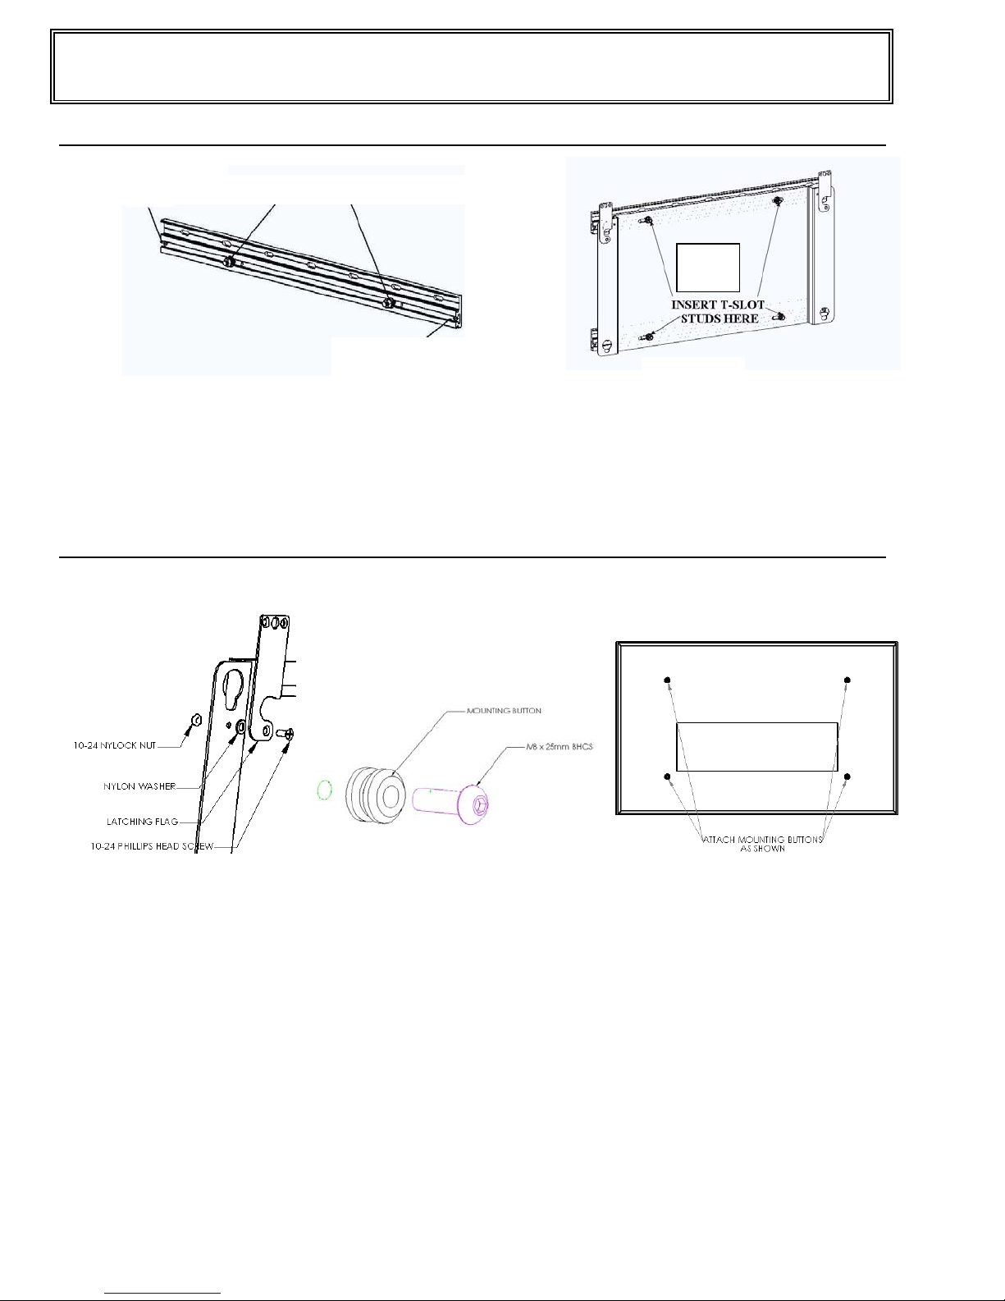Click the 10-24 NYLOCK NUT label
(x=114, y=745)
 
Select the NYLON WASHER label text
(x=139, y=786)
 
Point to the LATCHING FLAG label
(x=143, y=822)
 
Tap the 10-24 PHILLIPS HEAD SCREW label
(x=152, y=846)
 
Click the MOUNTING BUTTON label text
(x=504, y=711)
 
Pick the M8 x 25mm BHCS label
(x=560, y=747)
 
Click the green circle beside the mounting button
(x=324, y=790)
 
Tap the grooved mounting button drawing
(x=375, y=795)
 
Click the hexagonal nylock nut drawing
(x=195, y=720)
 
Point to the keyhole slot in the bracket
(x=231, y=690)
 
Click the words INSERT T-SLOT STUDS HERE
(x=719, y=311)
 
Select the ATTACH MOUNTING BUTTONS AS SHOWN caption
(x=762, y=844)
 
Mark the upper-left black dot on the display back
(x=668, y=680)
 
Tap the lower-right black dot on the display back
(x=847, y=776)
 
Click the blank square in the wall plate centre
(x=708, y=268)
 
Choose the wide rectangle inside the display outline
(x=756, y=747)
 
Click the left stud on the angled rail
(x=229, y=262)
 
